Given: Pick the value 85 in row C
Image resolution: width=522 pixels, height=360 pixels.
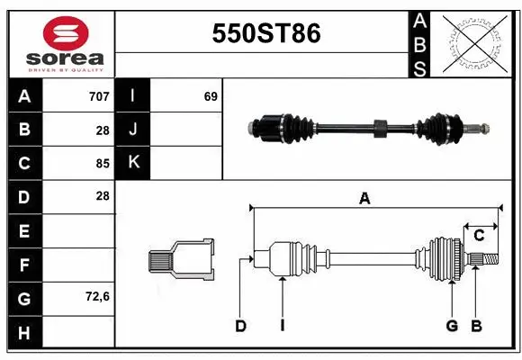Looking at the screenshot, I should coord(102,164).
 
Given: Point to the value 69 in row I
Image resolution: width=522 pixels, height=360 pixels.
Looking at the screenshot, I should coord(211,95).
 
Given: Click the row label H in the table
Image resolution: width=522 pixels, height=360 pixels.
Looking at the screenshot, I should coord(23,332).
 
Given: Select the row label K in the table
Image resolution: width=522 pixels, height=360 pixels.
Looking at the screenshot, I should coord(132,163).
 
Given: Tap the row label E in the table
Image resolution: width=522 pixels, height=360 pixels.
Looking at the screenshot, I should coord(23,231).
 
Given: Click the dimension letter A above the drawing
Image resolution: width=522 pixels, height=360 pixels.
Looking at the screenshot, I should coord(364,200).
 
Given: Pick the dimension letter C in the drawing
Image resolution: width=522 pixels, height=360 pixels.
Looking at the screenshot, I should coord(479,235).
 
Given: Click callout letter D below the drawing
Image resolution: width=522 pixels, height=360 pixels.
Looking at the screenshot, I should coord(240,326).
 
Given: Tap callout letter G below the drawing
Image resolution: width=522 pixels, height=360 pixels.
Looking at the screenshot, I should coord(452,326).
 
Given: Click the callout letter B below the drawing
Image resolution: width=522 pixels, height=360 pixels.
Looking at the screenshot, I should coord(476,326).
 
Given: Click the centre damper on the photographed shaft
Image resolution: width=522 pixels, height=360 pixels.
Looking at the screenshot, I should coord(379,127).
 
